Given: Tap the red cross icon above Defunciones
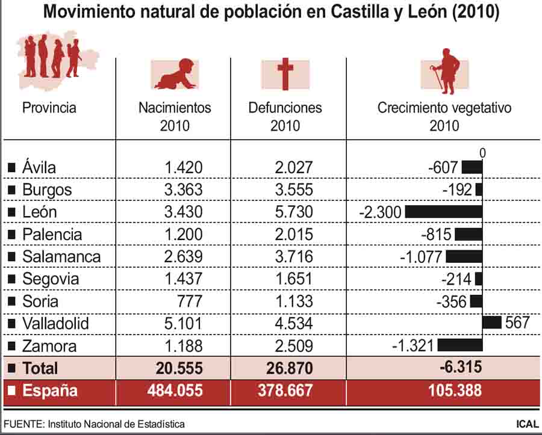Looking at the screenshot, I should [x=285, y=74].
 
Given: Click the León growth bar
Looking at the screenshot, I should [x=444, y=212].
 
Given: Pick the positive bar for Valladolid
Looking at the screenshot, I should [x=492, y=322].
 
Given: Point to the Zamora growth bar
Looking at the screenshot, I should [x=460, y=345].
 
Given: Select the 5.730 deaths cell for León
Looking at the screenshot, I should [x=294, y=212].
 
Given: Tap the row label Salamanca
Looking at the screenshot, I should [x=61, y=256].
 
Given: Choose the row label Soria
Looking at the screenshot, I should [x=40, y=301].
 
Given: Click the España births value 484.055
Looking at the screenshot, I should [x=175, y=390].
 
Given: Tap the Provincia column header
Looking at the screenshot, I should [x=49, y=108].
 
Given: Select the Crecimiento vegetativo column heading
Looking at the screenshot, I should [x=444, y=108].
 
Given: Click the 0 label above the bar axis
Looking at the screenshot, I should [x=482, y=153].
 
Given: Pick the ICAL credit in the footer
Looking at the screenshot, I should [x=527, y=424].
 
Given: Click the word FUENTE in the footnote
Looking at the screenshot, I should [x=23, y=424].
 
